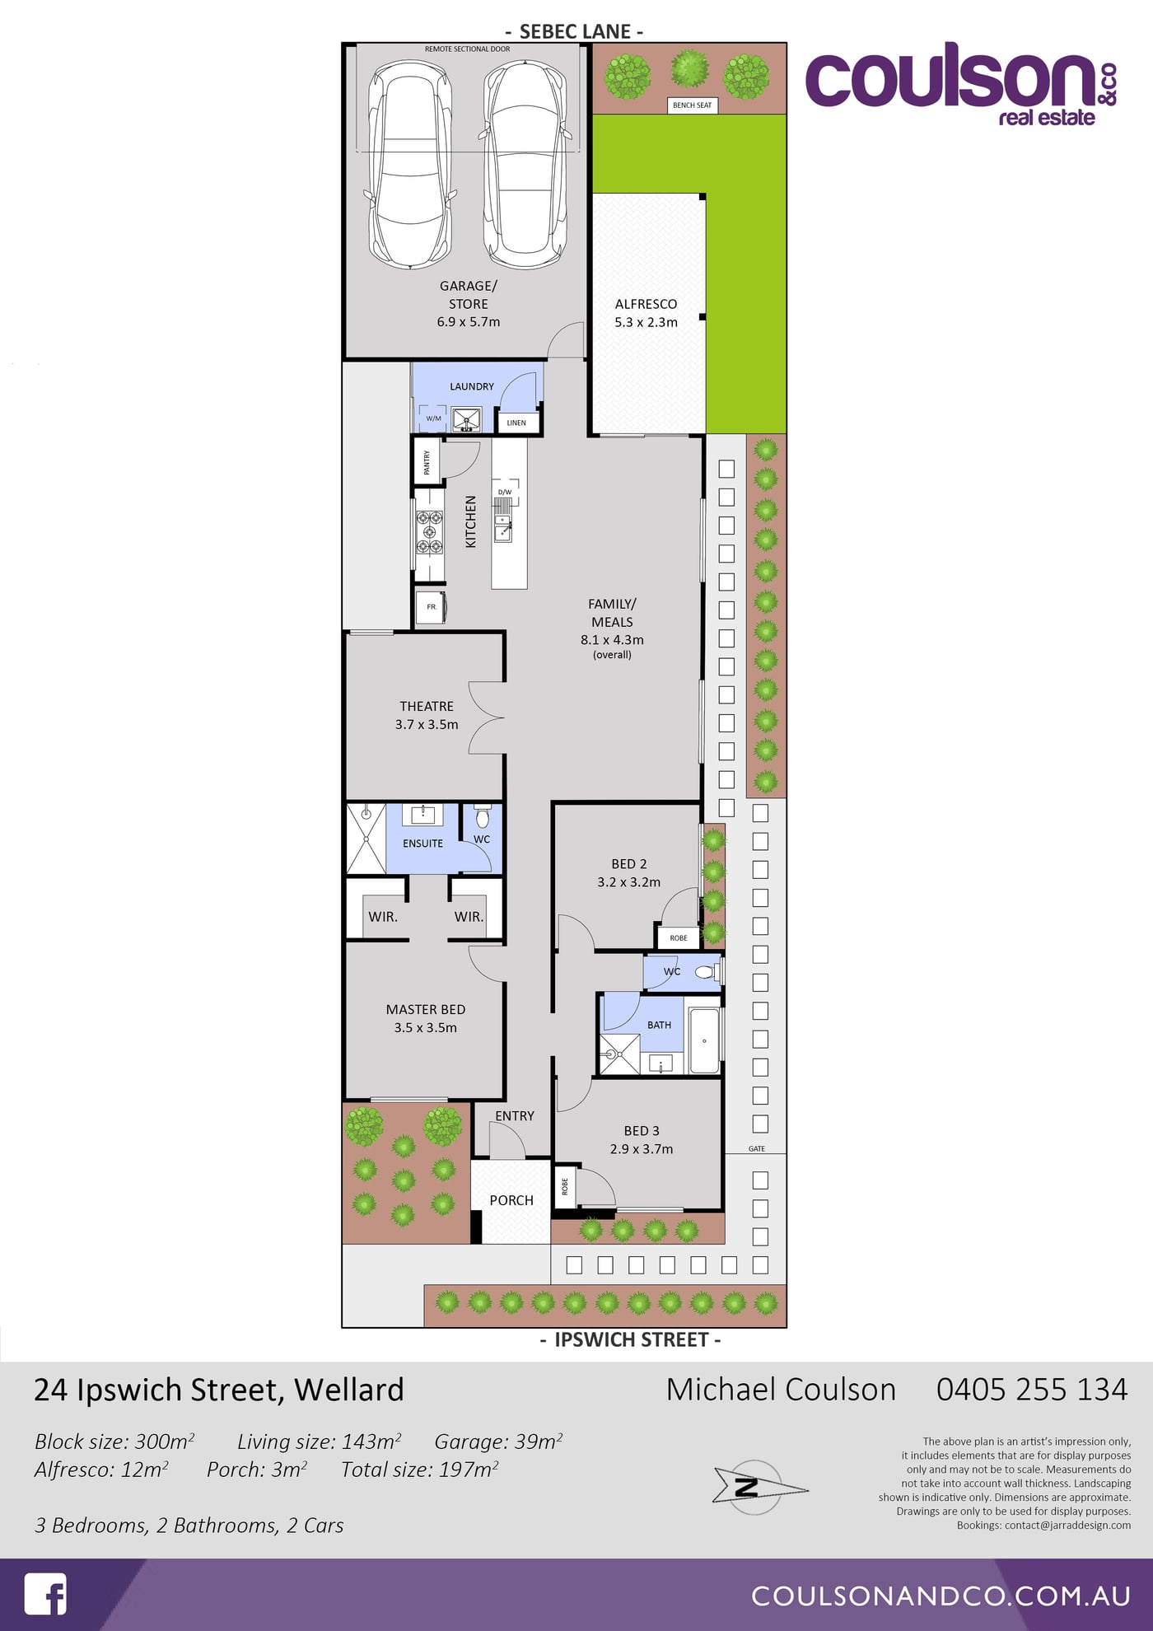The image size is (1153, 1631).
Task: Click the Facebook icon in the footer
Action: (x=45, y=1594)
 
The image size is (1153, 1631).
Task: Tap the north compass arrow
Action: (x=759, y=1488)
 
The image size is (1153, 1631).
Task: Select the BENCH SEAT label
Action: (x=692, y=105)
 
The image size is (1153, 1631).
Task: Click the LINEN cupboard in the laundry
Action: (x=517, y=423)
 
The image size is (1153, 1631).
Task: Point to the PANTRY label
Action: (x=427, y=462)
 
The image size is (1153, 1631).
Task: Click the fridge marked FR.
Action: (x=431, y=607)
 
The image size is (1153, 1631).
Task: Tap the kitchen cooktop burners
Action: (x=429, y=532)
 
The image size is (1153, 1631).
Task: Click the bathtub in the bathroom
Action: (x=704, y=1040)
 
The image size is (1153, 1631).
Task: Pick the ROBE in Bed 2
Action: (x=678, y=937)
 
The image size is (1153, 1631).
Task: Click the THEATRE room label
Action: (x=427, y=706)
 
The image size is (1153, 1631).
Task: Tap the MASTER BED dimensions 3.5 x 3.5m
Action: (x=425, y=1027)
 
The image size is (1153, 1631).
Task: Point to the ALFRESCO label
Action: (x=646, y=304)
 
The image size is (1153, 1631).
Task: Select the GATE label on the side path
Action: (x=757, y=1148)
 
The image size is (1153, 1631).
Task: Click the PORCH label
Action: (x=511, y=1200)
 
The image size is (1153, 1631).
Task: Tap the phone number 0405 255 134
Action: (x=1032, y=1390)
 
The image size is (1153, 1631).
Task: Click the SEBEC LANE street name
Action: (x=575, y=31)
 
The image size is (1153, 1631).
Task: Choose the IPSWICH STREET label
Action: (x=631, y=1340)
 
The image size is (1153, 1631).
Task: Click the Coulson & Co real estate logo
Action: (x=962, y=84)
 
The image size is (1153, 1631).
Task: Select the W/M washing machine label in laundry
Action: (x=433, y=418)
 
